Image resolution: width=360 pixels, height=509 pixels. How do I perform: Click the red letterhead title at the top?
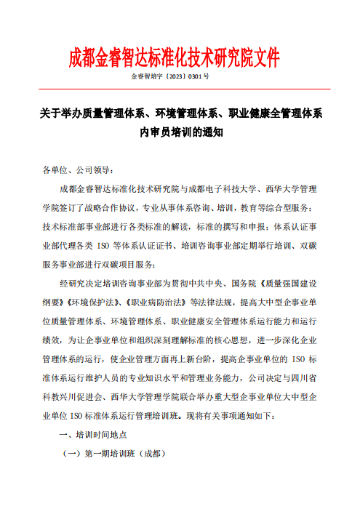[x=174, y=57]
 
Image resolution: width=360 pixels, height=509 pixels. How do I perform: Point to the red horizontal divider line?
[x=180, y=89]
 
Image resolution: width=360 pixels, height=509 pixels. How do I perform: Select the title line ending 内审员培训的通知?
[x=180, y=132]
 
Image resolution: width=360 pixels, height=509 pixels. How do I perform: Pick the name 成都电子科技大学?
[x=217, y=189]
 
